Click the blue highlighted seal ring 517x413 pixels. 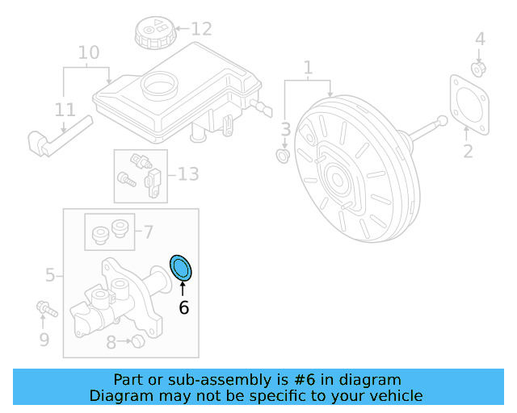click(182, 268)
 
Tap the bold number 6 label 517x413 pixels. click(183, 307)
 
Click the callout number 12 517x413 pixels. click(201, 30)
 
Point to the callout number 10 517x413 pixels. click(89, 53)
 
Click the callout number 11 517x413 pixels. click(65, 110)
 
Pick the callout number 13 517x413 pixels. click(187, 173)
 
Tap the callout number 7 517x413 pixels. click(147, 232)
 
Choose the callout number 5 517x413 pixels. click(50, 276)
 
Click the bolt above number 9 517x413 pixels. click(44, 307)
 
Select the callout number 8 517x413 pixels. click(111, 342)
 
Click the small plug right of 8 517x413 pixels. click(137, 342)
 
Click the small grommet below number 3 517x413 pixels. click(284, 154)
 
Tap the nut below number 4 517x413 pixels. click(478, 69)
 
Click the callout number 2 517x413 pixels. click(468, 151)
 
